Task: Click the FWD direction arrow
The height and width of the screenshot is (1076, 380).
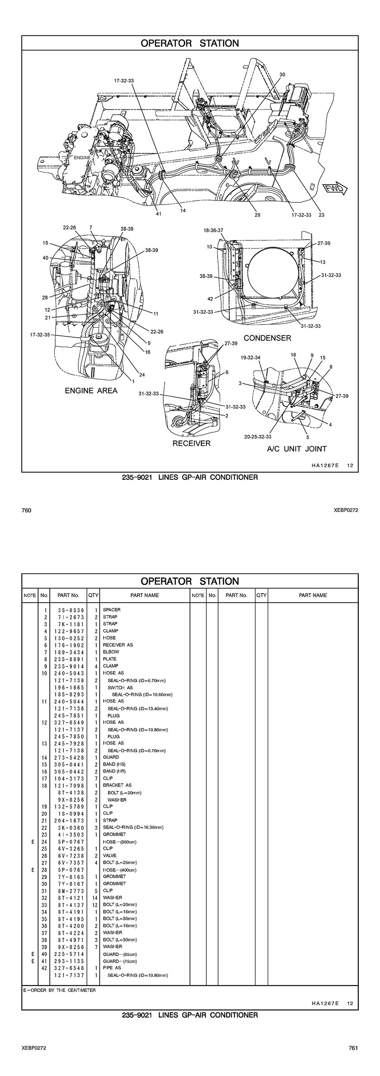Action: tap(334, 189)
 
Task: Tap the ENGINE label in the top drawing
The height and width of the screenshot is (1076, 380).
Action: tap(82, 158)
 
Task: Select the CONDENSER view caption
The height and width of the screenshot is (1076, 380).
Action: tap(267, 338)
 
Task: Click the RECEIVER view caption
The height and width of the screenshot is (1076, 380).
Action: tap(191, 443)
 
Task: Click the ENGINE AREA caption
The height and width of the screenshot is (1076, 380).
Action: tap(91, 391)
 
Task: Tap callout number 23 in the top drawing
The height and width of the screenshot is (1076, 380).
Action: tap(321, 215)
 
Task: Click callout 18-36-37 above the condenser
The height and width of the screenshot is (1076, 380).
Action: tap(214, 230)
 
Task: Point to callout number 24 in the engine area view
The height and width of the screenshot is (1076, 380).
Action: tap(142, 374)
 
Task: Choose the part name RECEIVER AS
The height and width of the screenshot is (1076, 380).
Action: tap(118, 645)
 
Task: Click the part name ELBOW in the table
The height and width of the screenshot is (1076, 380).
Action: tap(111, 652)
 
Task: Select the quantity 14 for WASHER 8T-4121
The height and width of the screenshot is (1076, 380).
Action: tap(95, 897)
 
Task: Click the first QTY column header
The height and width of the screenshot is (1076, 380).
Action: tap(93, 595)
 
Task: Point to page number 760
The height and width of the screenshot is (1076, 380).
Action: tap(26, 510)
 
